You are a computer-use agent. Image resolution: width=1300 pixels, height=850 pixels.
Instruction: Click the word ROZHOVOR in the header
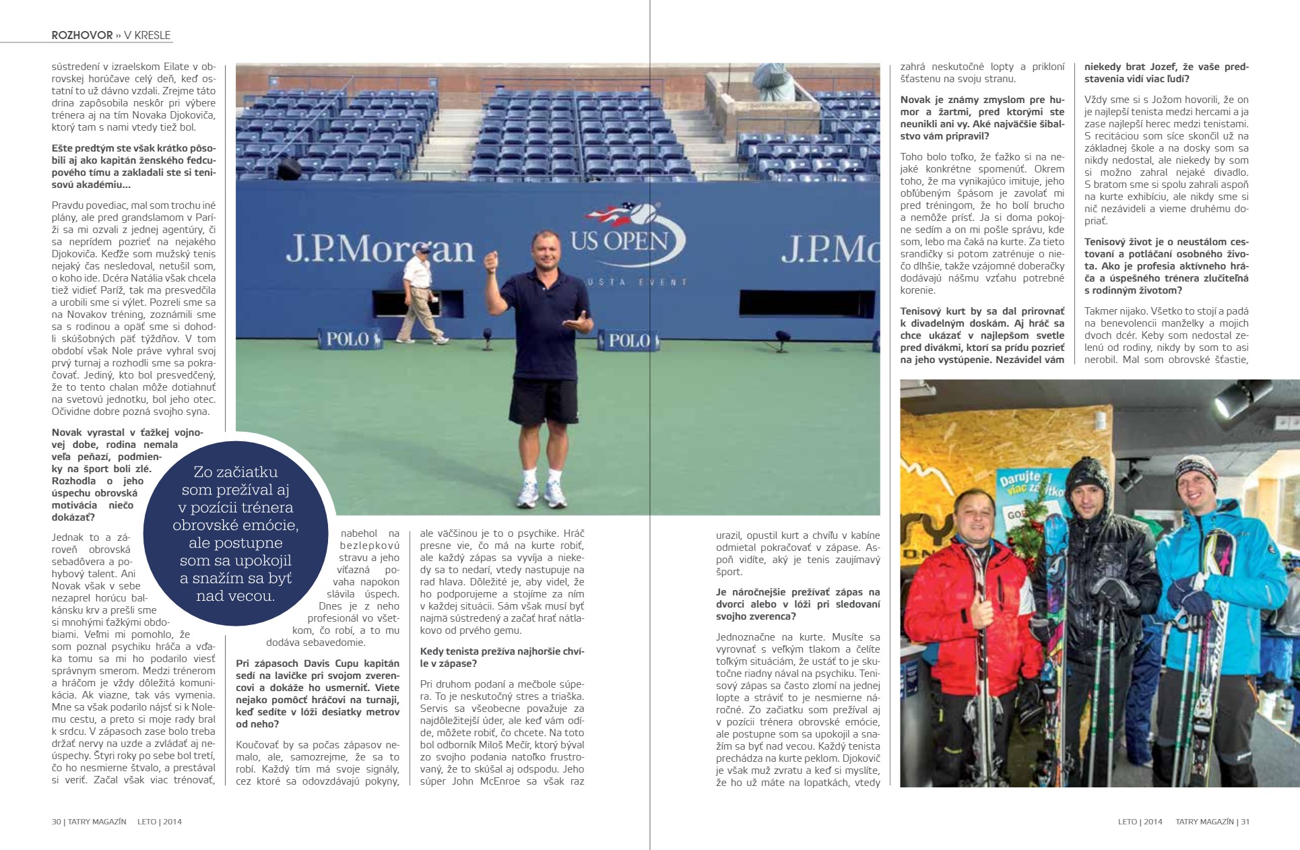click(82, 35)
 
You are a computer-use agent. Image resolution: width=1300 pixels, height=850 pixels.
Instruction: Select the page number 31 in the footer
click(1245, 822)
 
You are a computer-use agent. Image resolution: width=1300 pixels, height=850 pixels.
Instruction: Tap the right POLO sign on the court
click(628, 340)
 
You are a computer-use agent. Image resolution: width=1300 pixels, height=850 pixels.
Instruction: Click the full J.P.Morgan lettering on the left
click(380, 249)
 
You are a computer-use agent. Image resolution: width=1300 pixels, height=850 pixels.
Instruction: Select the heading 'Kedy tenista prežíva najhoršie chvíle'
click(502, 657)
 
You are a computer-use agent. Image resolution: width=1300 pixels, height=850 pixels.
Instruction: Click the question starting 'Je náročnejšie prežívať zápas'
click(798, 603)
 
